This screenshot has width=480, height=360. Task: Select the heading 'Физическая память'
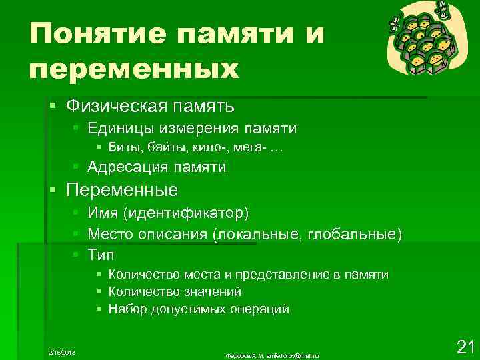[151, 105]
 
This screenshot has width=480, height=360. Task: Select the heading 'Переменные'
[123, 190]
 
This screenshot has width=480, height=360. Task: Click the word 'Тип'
[101, 255]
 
